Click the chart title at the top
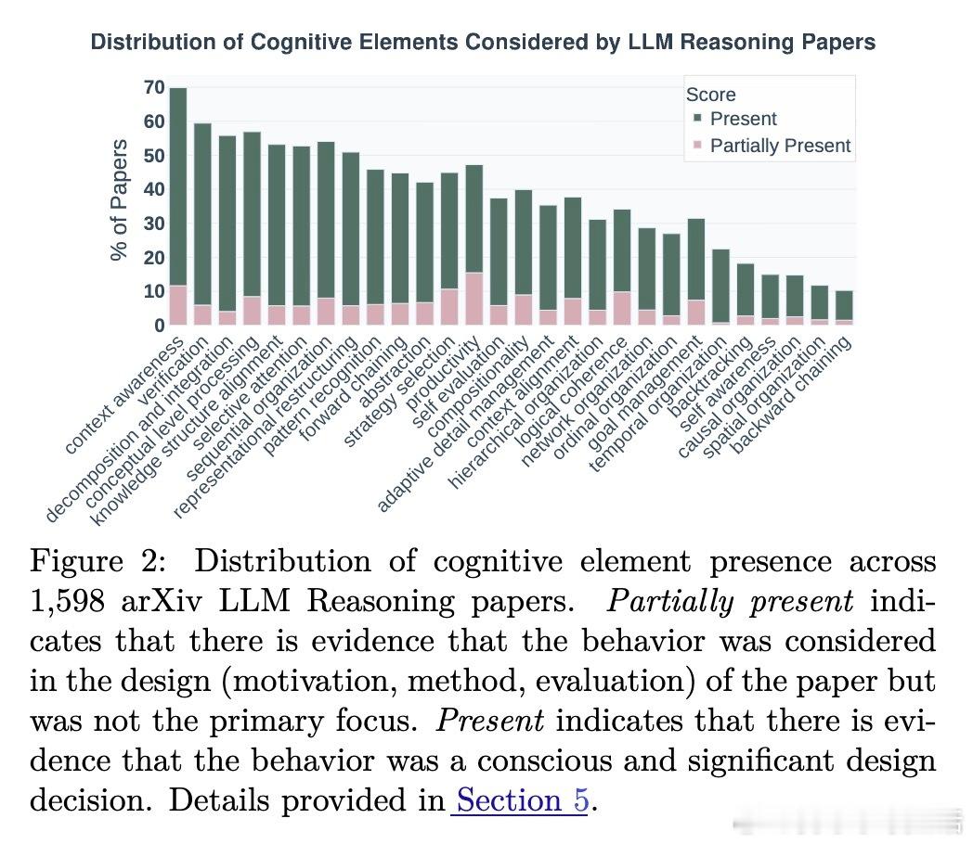[x=483, y=43]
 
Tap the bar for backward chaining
[x=843, y=306]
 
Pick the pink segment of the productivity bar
[x=474, y=299]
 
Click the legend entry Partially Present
[x=780, y=146]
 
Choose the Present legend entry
[x=743, y=119]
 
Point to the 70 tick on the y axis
[x=154, y=88]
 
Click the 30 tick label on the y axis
[x=154, y=224]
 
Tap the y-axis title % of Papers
[x=119, y=199]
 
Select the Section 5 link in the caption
[x=520, y=799]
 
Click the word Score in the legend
[x=710, y=95]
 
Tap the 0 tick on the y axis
[x=160, y=326]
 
